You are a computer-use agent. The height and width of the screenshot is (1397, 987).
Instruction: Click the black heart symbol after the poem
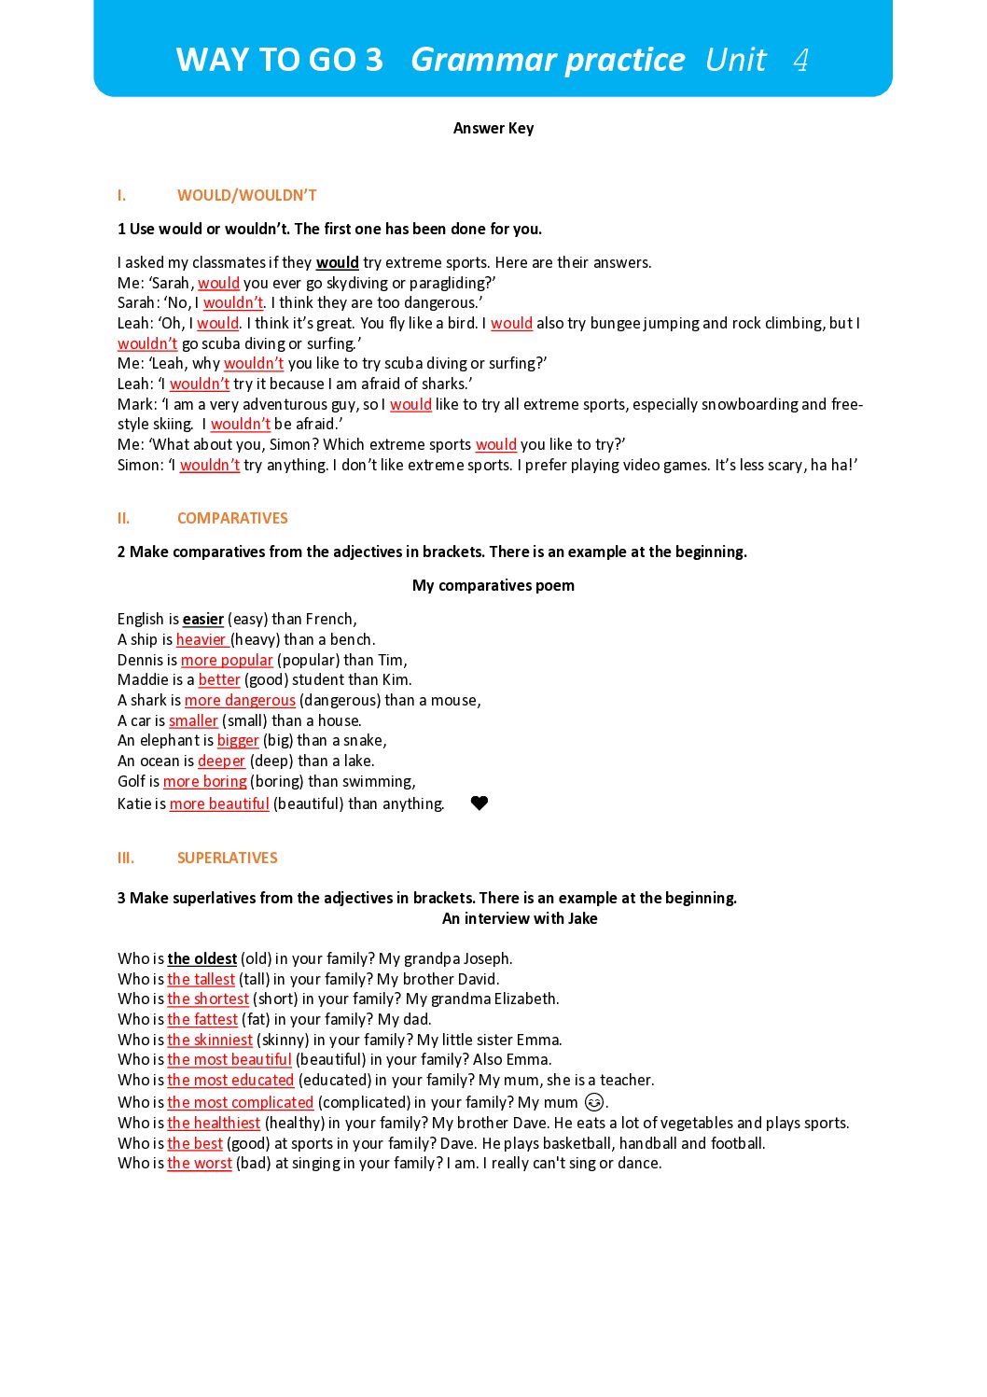click(x=480, y=803)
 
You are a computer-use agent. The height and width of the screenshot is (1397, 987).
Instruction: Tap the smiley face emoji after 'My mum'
click(x=594, y=1102)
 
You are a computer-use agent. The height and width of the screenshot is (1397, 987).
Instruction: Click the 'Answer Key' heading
click(x=493, y=129)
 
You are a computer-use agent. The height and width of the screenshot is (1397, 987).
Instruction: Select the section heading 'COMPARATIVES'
click(x=232, y=518)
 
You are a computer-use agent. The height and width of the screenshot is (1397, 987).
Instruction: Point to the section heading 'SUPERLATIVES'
click(x=227, y=858)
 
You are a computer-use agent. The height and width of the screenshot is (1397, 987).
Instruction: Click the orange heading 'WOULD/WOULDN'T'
click(x=247, y=195)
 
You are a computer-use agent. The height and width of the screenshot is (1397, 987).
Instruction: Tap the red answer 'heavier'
click(x=202, y=639)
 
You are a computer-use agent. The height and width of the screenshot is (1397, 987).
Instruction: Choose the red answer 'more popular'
click(x=227, y=660)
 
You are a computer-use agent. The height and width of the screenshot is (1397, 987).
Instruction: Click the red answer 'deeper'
click(x=221, y=761)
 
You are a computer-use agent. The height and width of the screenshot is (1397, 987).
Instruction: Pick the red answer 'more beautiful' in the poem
click(x=219, y=803)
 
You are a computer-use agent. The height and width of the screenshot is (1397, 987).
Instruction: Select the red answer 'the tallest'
click(x=201, y=979)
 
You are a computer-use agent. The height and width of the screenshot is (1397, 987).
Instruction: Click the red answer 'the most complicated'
click(x=240, y=1102)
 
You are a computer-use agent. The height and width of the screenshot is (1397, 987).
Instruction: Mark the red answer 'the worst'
click(x=200, y=1163)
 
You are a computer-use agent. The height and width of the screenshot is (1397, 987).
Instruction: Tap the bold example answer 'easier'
click(x=202, y=619)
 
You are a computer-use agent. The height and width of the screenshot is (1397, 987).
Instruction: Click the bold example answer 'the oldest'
click(x=202, y=958)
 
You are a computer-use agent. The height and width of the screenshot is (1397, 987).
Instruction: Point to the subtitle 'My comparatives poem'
click(x=493, y=585)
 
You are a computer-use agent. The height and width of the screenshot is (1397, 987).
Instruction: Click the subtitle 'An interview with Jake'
click(x=520, y=918)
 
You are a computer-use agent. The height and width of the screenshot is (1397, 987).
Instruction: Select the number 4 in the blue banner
click(x=800, y=60)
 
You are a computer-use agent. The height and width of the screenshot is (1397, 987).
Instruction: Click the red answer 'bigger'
click(x=238, y=740)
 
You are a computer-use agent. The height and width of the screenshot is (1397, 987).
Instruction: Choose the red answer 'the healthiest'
click(x=214, y=1123)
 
